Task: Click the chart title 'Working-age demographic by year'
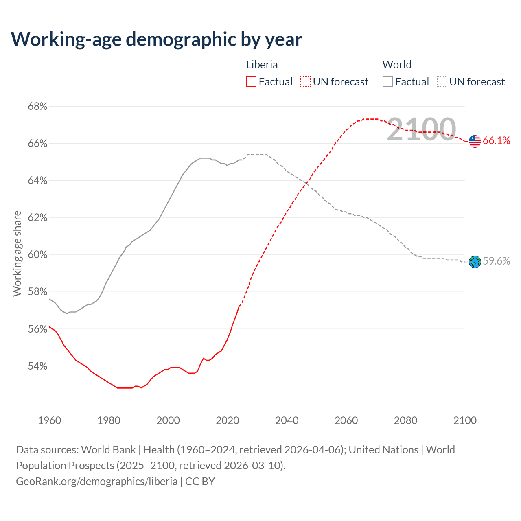[156, 39]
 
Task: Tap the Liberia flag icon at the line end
[475, 141]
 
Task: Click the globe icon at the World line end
[475, 262]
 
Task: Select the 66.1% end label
[496, 141]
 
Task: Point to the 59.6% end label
[496, 261]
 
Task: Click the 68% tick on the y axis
[37, 107]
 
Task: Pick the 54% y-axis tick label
[37, 366]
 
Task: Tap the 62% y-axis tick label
[37, 218]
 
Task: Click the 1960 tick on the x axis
[49, 420]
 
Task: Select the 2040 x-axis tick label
[287, 420]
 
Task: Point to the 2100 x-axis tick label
[464, 420]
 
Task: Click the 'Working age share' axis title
[17, 254]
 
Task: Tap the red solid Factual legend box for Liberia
[251, 82]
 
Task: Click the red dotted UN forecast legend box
[305, 82]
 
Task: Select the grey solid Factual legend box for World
[388, 82]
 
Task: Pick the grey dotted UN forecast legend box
[442, 82]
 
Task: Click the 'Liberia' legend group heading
[262, 65]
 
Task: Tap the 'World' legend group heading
[397, 65]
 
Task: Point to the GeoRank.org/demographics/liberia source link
[97, 482]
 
